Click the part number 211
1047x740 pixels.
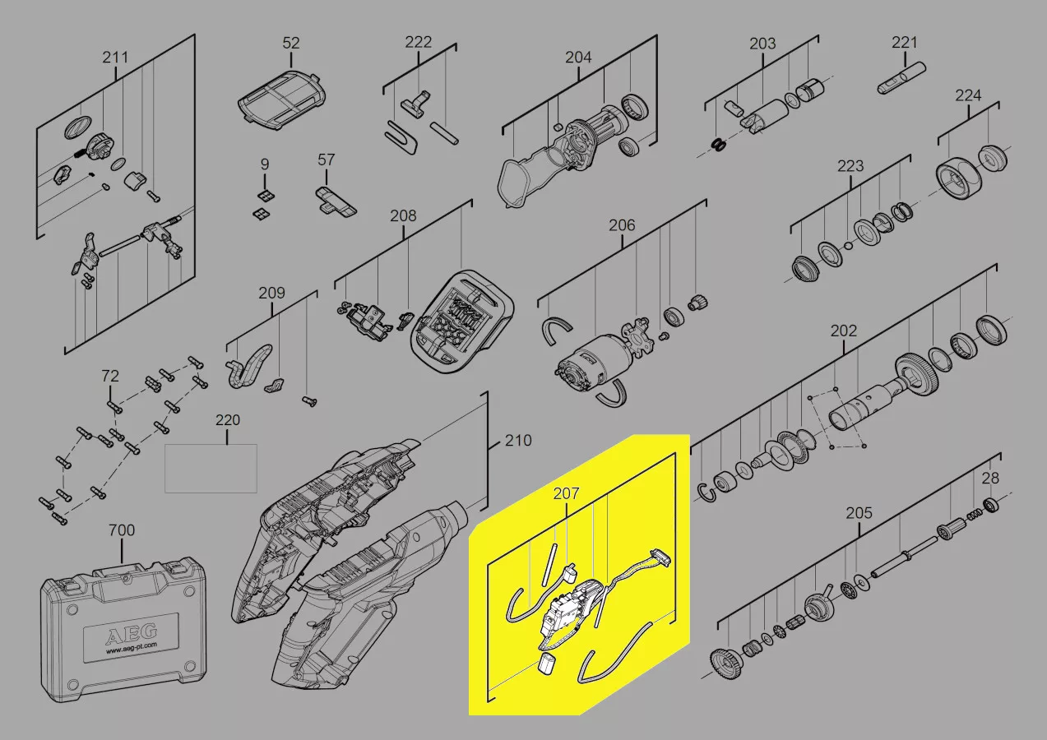[x=115, y=58]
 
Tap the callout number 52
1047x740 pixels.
[x=290, y=43]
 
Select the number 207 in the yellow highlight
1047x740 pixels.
[x=566, y=493]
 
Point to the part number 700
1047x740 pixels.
[x=122, y=530]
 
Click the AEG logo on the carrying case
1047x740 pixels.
[x=131, y=635]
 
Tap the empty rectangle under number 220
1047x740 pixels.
[x=211, y=468]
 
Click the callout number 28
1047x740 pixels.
[x=990, y=478]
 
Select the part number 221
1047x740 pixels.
[x=905, y=43]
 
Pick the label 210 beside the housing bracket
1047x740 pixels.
[x=518, y=441]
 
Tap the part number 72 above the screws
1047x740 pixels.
[x=110, y=376]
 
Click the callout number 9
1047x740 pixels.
[x=265, y=164]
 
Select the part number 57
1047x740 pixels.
[x=327, y=160]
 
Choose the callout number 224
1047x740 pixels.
[x=968, y=95]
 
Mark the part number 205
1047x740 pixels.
[x=859, y=513]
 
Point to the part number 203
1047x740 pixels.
[x=762, y=44]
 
